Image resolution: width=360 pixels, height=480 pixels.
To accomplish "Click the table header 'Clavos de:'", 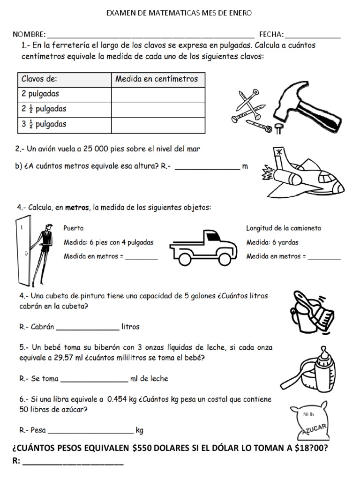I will click(39, 79).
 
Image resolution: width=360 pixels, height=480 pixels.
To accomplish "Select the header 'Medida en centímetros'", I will click(157, 79).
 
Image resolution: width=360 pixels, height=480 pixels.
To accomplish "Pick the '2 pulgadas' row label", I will click(40, 94).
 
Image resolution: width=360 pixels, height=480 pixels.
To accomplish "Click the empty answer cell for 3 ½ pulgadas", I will click(158, 125).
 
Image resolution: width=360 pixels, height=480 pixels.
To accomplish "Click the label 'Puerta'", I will click(74, 228).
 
